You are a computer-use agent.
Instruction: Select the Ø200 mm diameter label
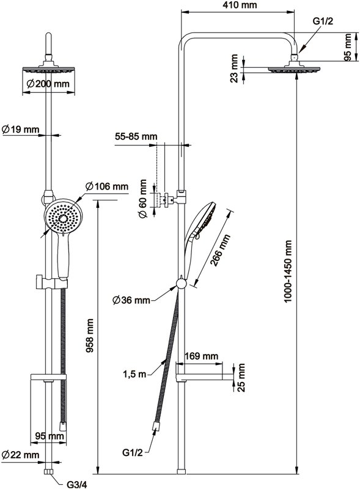click(48, 84)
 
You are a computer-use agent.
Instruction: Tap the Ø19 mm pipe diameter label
click(21, 129)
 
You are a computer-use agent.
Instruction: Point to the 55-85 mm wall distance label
click(136, 136)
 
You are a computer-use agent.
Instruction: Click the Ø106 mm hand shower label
click(107, 186)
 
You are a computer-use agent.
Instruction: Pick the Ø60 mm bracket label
click(142, 199)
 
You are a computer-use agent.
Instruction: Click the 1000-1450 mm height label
click(288, 271)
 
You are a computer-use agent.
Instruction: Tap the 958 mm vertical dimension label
click(90, 336)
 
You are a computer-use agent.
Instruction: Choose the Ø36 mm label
click(131, 300)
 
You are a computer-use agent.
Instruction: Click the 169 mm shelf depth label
click(201, 356)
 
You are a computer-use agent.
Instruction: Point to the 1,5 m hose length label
click(134, 374)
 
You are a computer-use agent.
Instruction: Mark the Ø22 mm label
click(21, 455)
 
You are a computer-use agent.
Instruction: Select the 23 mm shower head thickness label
click(234, 68)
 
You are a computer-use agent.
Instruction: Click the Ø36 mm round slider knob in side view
click(182, 284)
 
